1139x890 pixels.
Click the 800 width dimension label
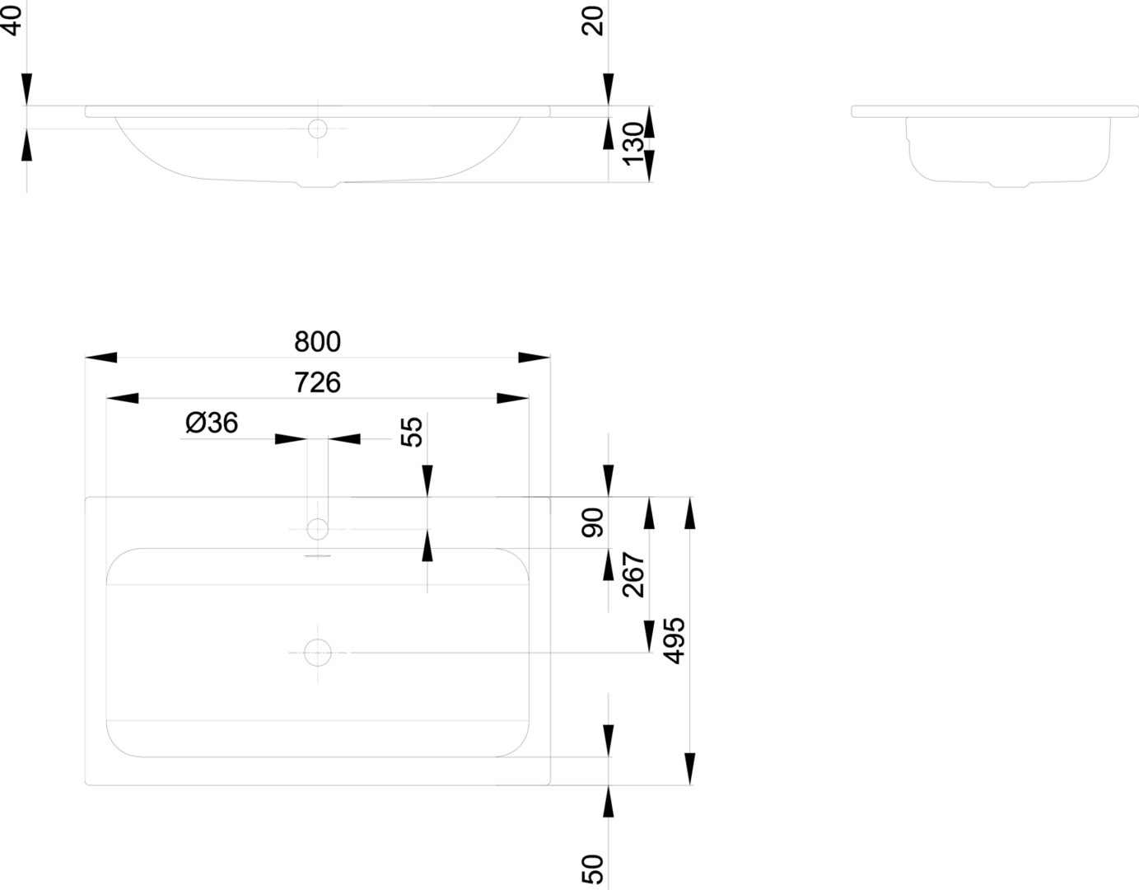click(317, 341)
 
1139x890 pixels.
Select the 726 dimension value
click(317, 382)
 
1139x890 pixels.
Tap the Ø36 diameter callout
click(212, 424)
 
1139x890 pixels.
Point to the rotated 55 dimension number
click(412, 431)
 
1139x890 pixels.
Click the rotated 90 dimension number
click(593, 522)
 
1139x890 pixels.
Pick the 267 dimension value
click(634, 574)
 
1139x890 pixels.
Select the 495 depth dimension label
click(675, 640)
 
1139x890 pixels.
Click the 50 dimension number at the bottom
click(593, 869)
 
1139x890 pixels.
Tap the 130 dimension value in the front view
click(633, 143)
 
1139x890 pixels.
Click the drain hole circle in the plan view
click(317, 653)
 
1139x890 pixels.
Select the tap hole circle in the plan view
click(317, 527)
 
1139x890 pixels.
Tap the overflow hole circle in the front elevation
click(317, 129)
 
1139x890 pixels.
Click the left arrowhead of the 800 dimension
click(100, 358)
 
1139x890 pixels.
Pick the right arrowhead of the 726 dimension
click(513, 399)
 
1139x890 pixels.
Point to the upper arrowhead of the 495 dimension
click(690, 512)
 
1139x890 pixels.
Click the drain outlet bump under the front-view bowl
click(317, 185)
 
